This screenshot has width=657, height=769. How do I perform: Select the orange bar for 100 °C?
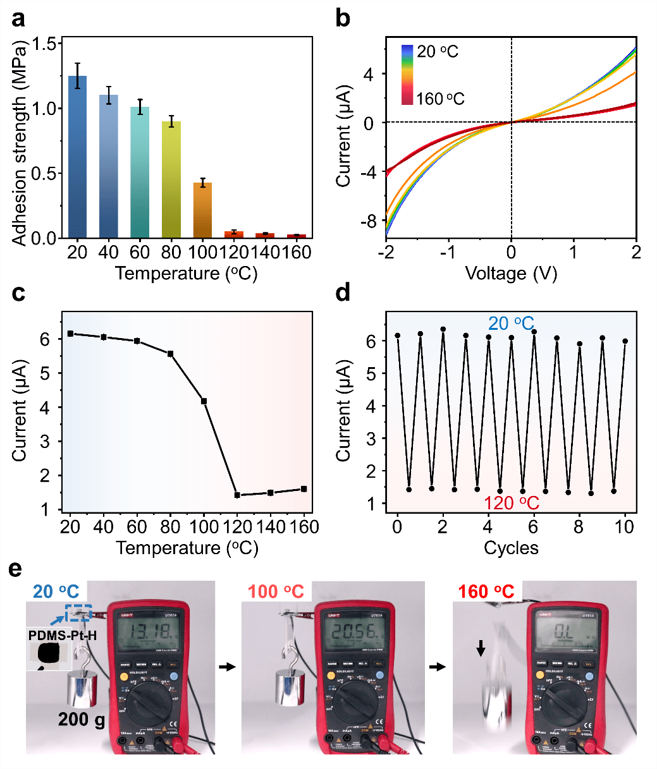[202, 210]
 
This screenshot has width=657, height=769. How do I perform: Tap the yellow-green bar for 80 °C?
[171, 179]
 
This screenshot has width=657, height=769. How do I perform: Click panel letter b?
[342, 18]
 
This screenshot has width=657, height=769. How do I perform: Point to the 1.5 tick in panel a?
[49, 43]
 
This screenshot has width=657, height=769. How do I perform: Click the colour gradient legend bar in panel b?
[407, 75]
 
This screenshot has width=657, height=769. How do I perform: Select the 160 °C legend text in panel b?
[440, 99]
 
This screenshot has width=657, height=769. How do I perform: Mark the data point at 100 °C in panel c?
[204, 401]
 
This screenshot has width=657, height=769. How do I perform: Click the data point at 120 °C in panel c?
[237, 495]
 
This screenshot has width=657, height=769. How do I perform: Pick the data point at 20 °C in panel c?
[70, 334]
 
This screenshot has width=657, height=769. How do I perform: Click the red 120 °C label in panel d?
[512, 504]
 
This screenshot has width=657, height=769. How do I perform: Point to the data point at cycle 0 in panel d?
[397, 336]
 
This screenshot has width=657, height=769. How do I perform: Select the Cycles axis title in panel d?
[511, 547]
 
